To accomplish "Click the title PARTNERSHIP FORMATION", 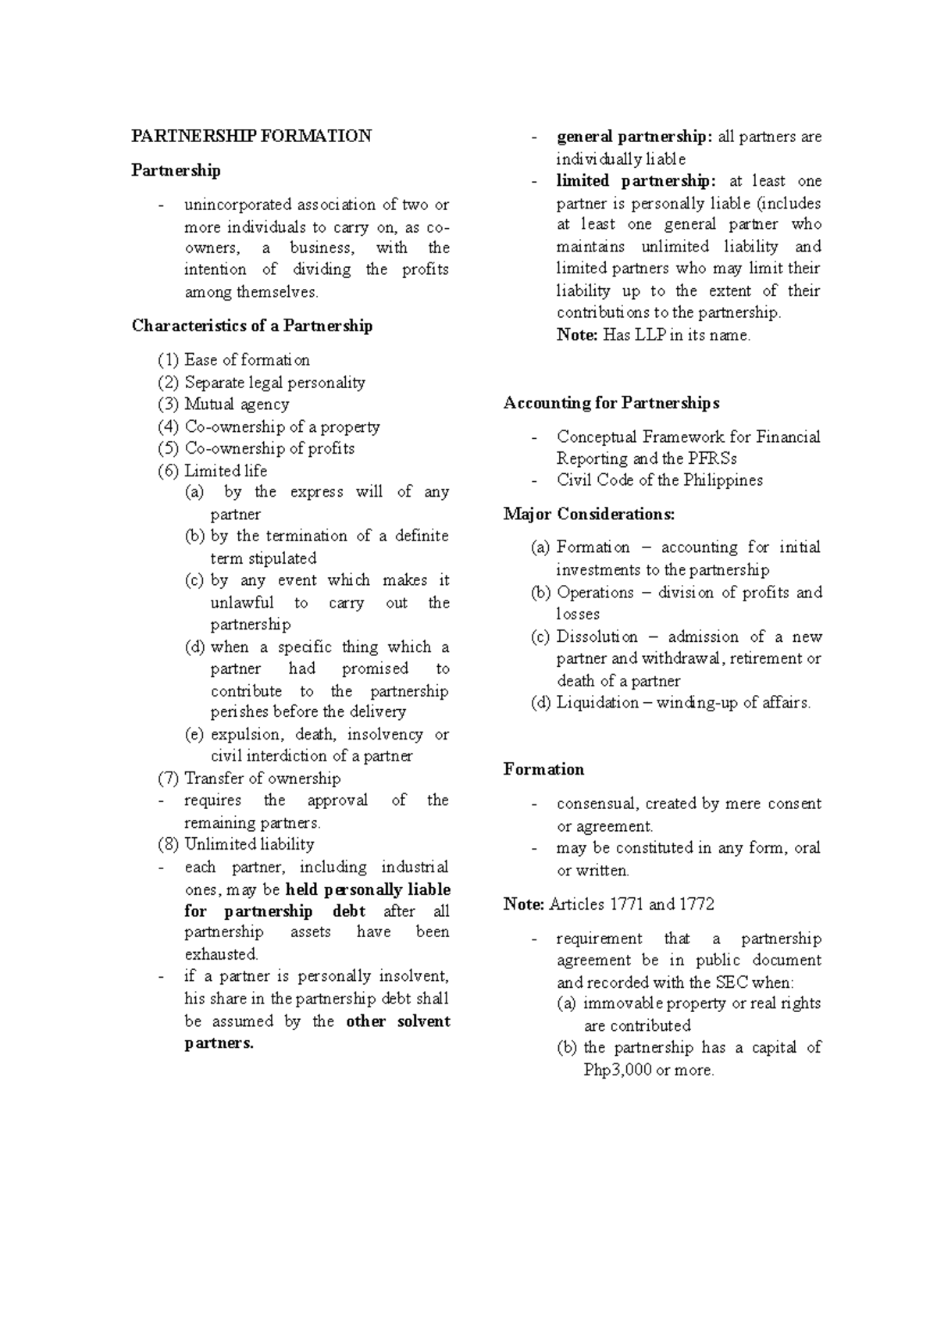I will coord(251,136).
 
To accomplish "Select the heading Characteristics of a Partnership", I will coord(251,326).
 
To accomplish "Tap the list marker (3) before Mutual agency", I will coord(168,405).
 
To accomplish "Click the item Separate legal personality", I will coord(275,383).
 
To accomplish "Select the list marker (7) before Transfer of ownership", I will coord(168,779).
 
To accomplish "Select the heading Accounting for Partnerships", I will coord(611,403).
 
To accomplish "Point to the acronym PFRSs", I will coord(712,458).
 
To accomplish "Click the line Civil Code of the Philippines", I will coord(660,480).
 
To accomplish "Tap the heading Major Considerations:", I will coord(590,514).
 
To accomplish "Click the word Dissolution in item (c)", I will coord(597,636).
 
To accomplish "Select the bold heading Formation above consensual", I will coord(543,769).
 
